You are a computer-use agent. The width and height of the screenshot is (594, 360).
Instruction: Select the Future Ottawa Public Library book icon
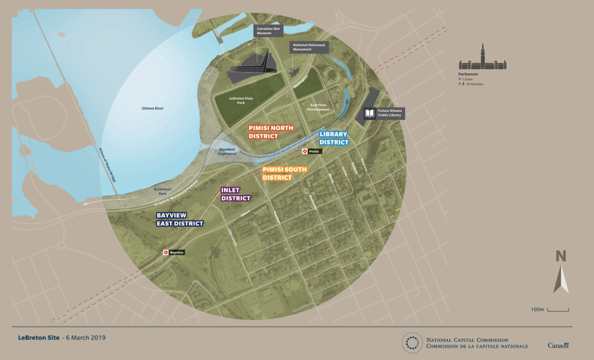370,113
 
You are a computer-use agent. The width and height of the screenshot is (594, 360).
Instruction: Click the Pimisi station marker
304,151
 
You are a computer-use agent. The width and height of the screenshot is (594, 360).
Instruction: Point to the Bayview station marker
166,253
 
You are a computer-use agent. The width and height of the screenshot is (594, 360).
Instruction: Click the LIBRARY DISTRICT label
333,138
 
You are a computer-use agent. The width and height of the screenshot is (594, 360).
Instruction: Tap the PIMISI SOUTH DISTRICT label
284,173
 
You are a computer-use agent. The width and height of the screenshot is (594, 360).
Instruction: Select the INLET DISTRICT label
235,194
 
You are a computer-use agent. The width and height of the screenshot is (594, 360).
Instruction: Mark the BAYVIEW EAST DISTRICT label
180,219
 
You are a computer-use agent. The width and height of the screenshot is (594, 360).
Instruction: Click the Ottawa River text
153,108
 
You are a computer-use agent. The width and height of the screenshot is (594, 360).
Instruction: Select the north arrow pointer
561,279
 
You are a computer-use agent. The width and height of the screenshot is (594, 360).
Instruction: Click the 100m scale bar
558,310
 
